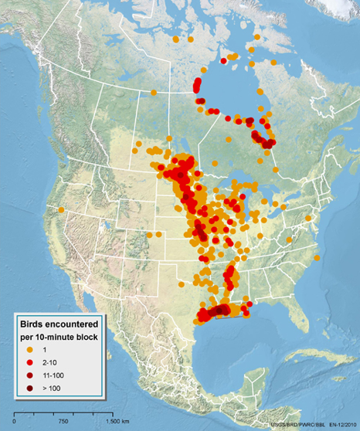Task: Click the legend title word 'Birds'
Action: tap(36, 324)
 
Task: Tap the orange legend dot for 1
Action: tap(32, 351)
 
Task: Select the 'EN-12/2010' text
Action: tap(341, 425)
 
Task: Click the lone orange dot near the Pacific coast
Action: tap(61, 209)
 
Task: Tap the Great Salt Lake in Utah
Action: tap(104, 229)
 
